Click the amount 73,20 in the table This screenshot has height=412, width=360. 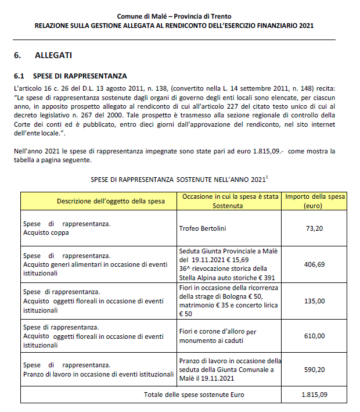[314, 228]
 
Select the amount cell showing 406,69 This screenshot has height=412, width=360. [314, 264]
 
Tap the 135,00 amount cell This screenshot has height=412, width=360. [314, 301]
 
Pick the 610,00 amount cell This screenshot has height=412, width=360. [314, 336]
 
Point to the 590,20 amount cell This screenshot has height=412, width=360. [314, 369]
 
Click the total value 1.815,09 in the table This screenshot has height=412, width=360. [314, 395]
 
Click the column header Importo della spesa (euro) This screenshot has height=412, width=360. [314, 201]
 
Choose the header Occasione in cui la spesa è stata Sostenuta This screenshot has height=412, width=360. [230, 201]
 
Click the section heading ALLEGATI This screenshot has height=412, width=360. [53, 55]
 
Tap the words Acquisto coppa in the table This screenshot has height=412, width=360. [46, 232]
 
